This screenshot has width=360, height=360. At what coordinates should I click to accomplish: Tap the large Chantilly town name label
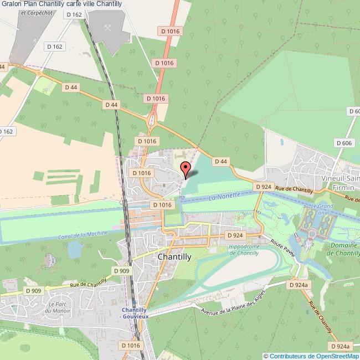174,257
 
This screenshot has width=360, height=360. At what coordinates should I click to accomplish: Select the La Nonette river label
225,196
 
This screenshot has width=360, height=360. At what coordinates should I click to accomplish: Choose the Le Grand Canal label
325,209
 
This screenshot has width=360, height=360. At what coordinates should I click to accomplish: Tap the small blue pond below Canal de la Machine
74,250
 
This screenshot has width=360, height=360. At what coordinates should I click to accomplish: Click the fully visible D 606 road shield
343,143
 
